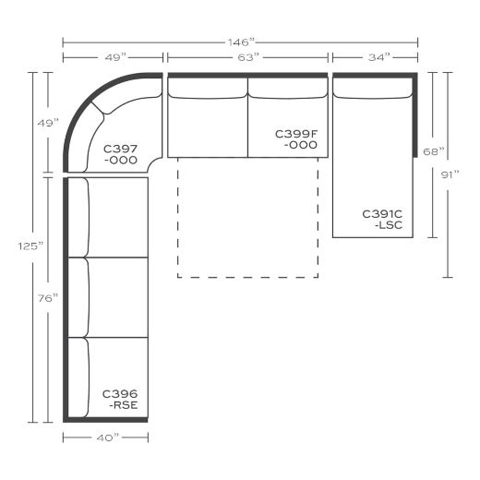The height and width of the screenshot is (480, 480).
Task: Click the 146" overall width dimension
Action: point(240,42)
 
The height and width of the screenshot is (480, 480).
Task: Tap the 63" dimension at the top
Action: point(247,57)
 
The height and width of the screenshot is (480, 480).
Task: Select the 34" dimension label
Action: point(375,57)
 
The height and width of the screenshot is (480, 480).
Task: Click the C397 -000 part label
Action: point(120,153)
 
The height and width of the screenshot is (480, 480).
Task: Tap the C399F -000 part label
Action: point(296,139)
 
